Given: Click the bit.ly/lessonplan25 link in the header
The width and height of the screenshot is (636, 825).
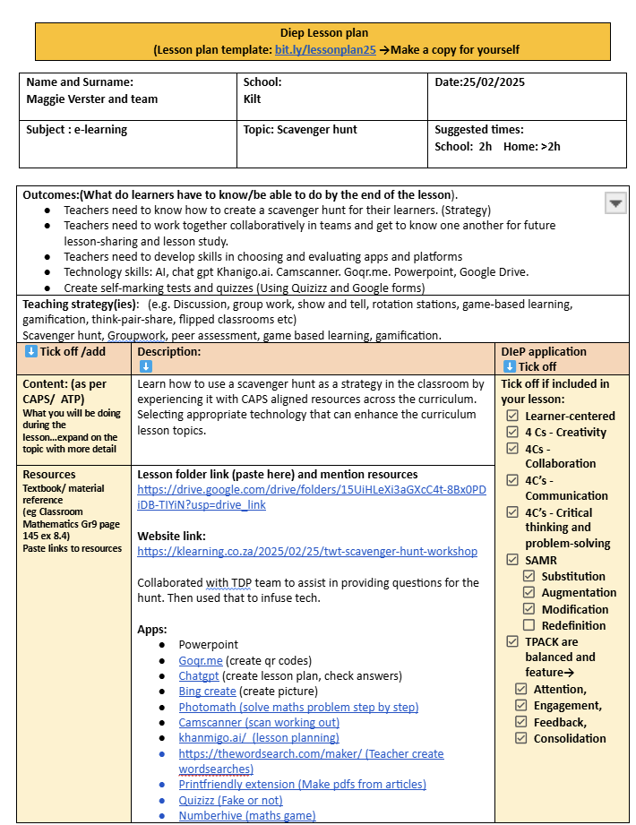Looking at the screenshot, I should (325, 50).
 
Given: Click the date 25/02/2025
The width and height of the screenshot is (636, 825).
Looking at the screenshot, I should (493, 82).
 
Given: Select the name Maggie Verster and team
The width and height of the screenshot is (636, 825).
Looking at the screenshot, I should (92, 99).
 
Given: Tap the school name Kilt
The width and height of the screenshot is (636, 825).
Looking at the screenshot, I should (253, 99).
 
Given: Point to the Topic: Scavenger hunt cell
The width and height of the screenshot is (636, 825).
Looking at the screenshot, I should (300, 130).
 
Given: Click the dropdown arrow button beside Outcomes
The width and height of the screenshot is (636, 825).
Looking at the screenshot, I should (615, 203).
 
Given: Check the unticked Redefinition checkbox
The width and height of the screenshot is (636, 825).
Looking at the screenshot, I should (529, 624).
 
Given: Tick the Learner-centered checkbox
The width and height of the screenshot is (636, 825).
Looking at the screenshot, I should (512, 416).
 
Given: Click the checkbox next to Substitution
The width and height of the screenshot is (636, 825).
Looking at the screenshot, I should (529, 576).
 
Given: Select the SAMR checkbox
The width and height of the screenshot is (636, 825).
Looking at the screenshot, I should (512, 560).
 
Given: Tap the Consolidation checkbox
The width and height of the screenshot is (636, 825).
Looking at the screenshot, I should (521, 738).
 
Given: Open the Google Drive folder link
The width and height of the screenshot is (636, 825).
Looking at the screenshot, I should (311, 497).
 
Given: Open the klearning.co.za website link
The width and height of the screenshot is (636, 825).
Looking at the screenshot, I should (307, 552).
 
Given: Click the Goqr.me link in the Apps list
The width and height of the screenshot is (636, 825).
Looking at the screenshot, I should (200, 660).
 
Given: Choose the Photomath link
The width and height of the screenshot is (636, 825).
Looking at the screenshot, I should (298, 707).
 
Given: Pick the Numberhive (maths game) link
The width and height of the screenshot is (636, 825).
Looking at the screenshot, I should (246, 815).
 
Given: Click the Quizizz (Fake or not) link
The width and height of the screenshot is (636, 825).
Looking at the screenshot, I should (230, 800).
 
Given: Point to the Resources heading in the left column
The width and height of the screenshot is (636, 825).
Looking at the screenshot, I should (49, 475).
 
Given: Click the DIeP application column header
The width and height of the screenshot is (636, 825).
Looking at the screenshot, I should (544, 352).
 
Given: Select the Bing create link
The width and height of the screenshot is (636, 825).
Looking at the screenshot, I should (207, 692).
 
